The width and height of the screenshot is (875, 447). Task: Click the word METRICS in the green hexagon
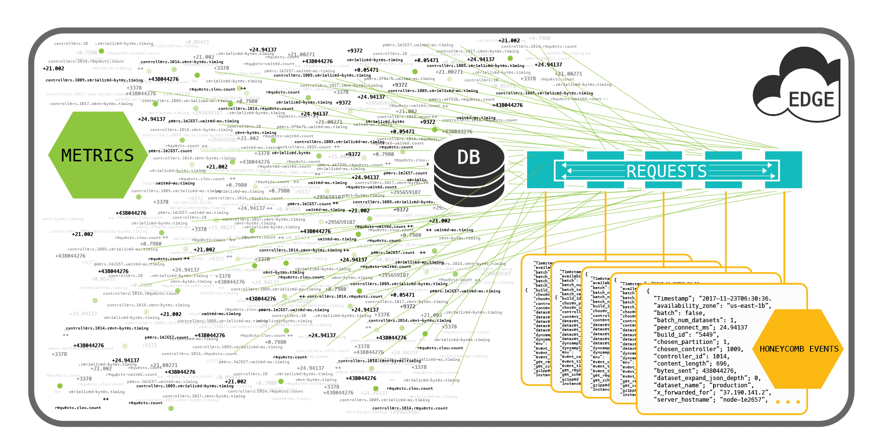(97, 156)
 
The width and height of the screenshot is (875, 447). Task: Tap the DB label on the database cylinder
(468, 157)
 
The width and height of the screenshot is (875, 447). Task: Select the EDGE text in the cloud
(811, 100)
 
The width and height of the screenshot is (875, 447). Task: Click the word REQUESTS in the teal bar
(666, 171)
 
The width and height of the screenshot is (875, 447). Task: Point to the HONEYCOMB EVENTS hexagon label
(799, 349)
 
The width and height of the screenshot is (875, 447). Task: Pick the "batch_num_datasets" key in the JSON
(689, 320)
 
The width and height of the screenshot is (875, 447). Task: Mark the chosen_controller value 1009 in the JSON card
(734, 349)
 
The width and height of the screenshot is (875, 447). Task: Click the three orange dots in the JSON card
(788, 402)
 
